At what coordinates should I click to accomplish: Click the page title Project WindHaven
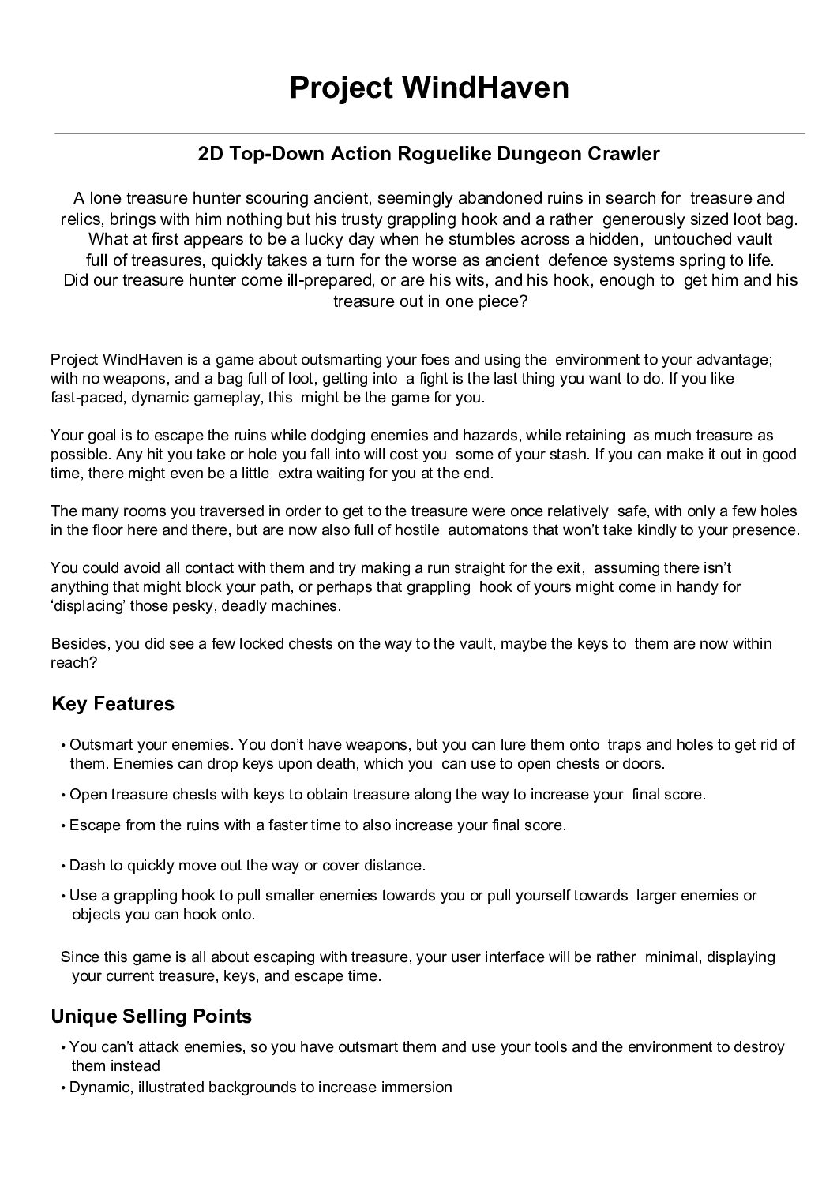tap(429, 88)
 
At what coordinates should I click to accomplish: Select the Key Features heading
tap(113, 703)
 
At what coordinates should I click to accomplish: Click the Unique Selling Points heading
tap(151, 1016)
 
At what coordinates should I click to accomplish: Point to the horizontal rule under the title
tap(429, 133)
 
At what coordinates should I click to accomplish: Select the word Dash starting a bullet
tap(87, 865)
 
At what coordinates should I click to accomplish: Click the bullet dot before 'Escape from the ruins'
tap(62, 826)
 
